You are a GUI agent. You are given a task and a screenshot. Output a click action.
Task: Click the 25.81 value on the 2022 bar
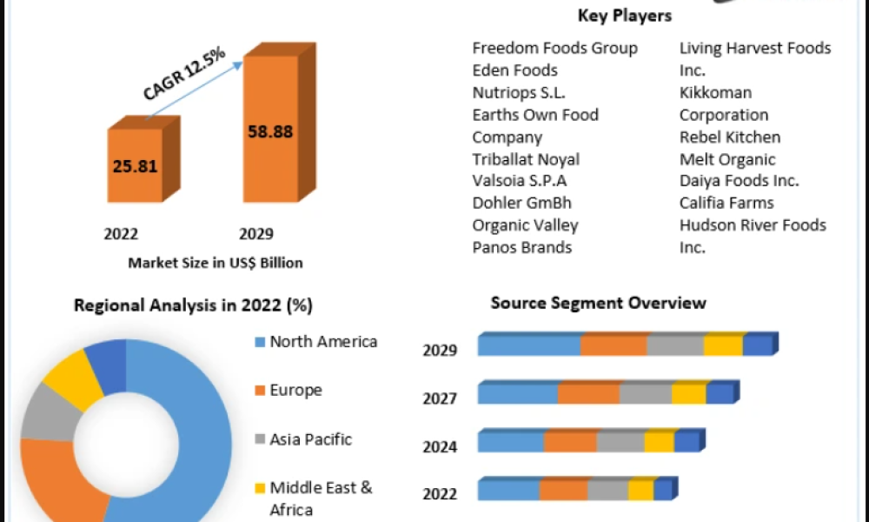(x=135, y=166)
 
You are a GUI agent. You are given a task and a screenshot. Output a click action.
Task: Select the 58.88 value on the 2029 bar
(x=270, y=132)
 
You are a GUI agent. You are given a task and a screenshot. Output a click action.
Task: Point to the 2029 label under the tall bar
(x=255, y=234)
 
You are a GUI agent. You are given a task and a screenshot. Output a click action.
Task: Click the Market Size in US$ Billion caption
(x=216, y=263)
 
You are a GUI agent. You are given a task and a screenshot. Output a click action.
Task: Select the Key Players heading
(x=624, y=16)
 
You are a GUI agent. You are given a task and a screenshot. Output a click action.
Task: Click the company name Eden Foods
(x=514, y=70)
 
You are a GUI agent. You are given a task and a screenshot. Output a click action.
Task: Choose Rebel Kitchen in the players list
(x=730, y=137)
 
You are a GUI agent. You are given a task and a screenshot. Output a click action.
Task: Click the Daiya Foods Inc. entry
(x=739, y=181)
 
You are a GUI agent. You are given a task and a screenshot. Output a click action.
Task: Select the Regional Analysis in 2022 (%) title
(x=193, y=305)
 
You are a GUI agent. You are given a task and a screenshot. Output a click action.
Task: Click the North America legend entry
(x=323, y=342)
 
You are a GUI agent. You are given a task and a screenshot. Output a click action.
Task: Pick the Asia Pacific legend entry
(x=310, y=439)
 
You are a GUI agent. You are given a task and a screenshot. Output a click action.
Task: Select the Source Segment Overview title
(x=598, y=303)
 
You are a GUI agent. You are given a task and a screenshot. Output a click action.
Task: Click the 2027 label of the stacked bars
(x=440, y=398)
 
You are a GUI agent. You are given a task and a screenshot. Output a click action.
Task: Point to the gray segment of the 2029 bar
(x=674, y=345)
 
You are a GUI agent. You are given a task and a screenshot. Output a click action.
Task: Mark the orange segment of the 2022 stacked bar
(x=562, y=490)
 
